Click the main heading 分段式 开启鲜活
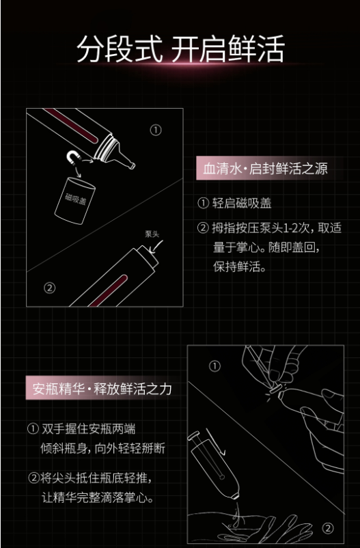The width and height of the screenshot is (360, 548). [x=180, y=49]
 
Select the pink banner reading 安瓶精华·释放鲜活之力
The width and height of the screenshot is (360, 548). [x=101, y=388]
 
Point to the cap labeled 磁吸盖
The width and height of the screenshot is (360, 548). [x=74, y=200]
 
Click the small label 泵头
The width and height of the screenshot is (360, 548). [x=152, y=234]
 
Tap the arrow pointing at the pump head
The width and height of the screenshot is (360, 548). [x=157, y=247]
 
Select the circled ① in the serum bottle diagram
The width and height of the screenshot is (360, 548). [x=156, y=131]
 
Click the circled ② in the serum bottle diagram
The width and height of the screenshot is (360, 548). [x=49, y=288]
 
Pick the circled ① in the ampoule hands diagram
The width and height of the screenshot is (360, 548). [x=214, y=367]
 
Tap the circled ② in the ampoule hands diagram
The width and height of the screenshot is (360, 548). [x=327, y=528]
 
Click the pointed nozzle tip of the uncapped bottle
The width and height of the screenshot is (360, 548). [x=132, y=165]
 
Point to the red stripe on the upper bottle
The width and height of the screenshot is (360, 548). [x=71, y=126]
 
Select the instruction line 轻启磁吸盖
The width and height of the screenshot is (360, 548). [x=234, y=203]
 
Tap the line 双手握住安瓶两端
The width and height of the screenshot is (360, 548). [x=81, y=429]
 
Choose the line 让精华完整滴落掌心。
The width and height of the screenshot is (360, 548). [x=98, y=497]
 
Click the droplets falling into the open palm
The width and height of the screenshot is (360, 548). [x=235, y=511]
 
